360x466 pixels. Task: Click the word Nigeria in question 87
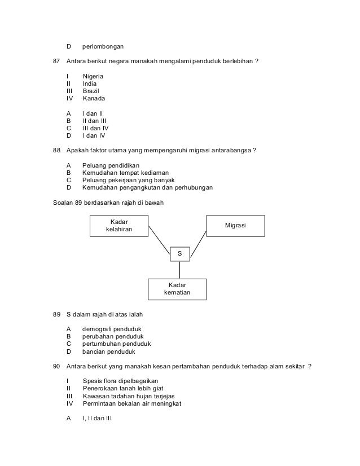[x=93, y=76]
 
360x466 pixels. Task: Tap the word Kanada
[x=93, y=98]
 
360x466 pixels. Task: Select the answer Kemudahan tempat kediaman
[x=125, y=172]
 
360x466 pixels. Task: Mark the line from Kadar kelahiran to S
[x=160, y=241]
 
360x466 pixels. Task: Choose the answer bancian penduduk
[x=109, y=351]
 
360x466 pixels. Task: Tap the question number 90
[x=56, y=366]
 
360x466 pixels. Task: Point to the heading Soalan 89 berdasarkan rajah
[x=108, y=202]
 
